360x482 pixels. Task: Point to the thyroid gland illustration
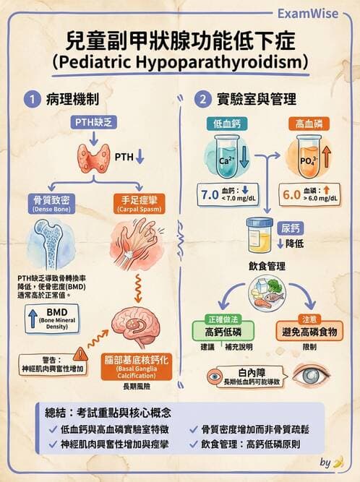pos(94,155)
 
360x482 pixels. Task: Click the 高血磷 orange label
pos(310,124)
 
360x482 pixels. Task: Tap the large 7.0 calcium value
pos(210,194)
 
